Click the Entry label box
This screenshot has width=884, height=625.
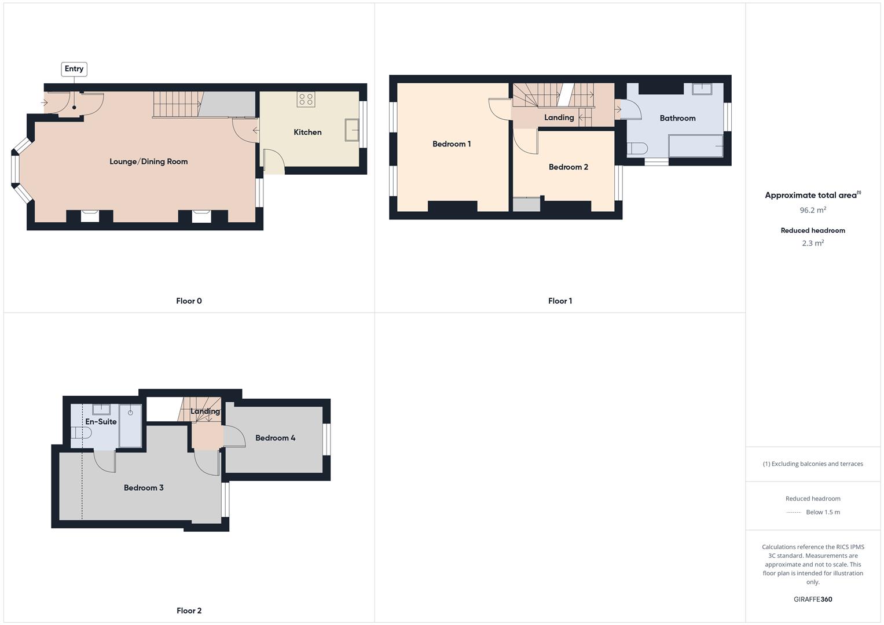coord(74,69)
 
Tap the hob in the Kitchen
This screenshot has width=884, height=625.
coord(306,99)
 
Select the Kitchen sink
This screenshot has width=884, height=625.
coord(351,130)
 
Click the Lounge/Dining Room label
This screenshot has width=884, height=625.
coord(149,161)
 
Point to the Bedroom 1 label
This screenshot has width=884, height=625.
coord(452,144)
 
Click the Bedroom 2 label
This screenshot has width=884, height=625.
coord(568,167)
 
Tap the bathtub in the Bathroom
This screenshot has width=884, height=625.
coord(695,146)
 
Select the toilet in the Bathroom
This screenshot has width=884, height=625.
coord(637,148)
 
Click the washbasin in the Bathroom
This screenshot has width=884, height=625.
coord(702,89)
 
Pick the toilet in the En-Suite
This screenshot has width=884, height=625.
coord(82,432)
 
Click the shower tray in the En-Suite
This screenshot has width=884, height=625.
coord(130,426)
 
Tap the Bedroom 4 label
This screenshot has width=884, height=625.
coord(276,438)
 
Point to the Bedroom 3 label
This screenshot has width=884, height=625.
coord(144,488)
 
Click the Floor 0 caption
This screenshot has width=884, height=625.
coord(189,301)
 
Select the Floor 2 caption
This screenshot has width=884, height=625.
coord(189,611)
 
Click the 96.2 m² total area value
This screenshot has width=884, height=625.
coord(813,210)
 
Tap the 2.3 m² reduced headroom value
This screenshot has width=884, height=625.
coord(813,243)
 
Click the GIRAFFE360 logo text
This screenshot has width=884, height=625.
coord(813,600)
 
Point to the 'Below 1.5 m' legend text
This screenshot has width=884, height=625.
coord(823,512)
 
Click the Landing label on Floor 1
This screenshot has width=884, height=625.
coord(559,117)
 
